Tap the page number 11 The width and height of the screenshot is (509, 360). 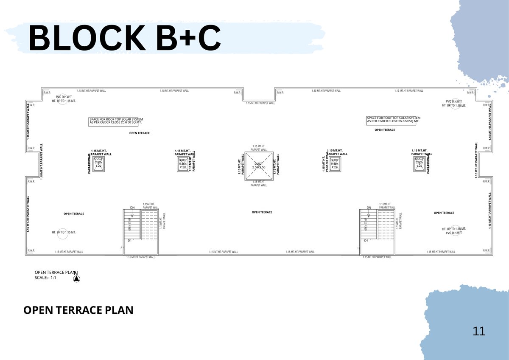479,331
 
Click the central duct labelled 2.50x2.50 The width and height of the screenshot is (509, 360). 259,166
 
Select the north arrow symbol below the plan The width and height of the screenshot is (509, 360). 77,278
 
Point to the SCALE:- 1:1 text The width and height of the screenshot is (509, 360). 45,278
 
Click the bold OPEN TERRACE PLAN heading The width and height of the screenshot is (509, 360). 78,310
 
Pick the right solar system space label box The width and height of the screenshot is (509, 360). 393,120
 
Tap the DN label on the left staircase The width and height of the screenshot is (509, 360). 132,208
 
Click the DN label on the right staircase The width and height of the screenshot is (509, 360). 369,208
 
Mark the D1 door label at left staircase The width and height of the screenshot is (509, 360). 129,241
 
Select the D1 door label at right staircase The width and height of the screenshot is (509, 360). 366,241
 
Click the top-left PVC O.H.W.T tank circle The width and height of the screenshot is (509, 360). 62,98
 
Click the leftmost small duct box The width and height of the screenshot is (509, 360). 98,163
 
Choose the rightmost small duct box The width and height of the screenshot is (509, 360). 419,163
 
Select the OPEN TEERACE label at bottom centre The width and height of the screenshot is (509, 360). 262,212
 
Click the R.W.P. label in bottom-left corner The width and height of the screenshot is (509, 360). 31,250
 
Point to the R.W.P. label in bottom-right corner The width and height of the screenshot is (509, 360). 486,250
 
